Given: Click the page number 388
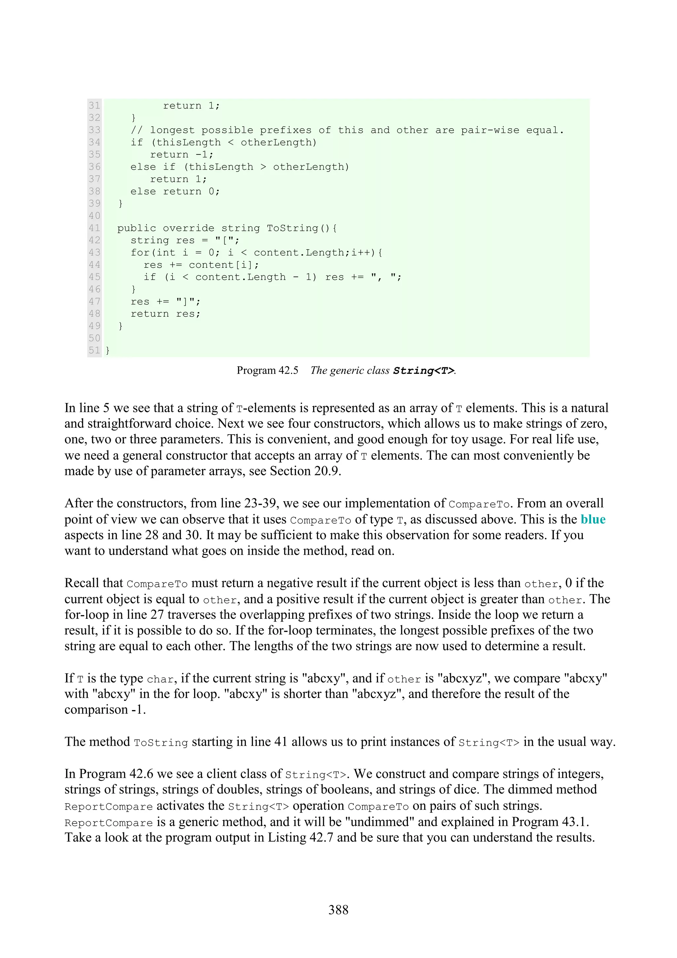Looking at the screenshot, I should (338, 910).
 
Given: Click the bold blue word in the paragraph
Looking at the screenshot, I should (593, 519).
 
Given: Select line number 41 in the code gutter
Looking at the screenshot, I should (94, 228).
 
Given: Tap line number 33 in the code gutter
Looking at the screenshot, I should (94, 130).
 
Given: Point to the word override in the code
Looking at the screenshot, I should (188, 228).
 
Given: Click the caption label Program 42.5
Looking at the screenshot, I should (267, 371).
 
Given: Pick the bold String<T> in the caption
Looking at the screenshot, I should (423, 371).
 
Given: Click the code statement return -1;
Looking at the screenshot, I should (182, 155).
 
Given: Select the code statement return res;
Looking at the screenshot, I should (166, 314).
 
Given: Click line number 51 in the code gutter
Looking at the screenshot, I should (94, 350).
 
